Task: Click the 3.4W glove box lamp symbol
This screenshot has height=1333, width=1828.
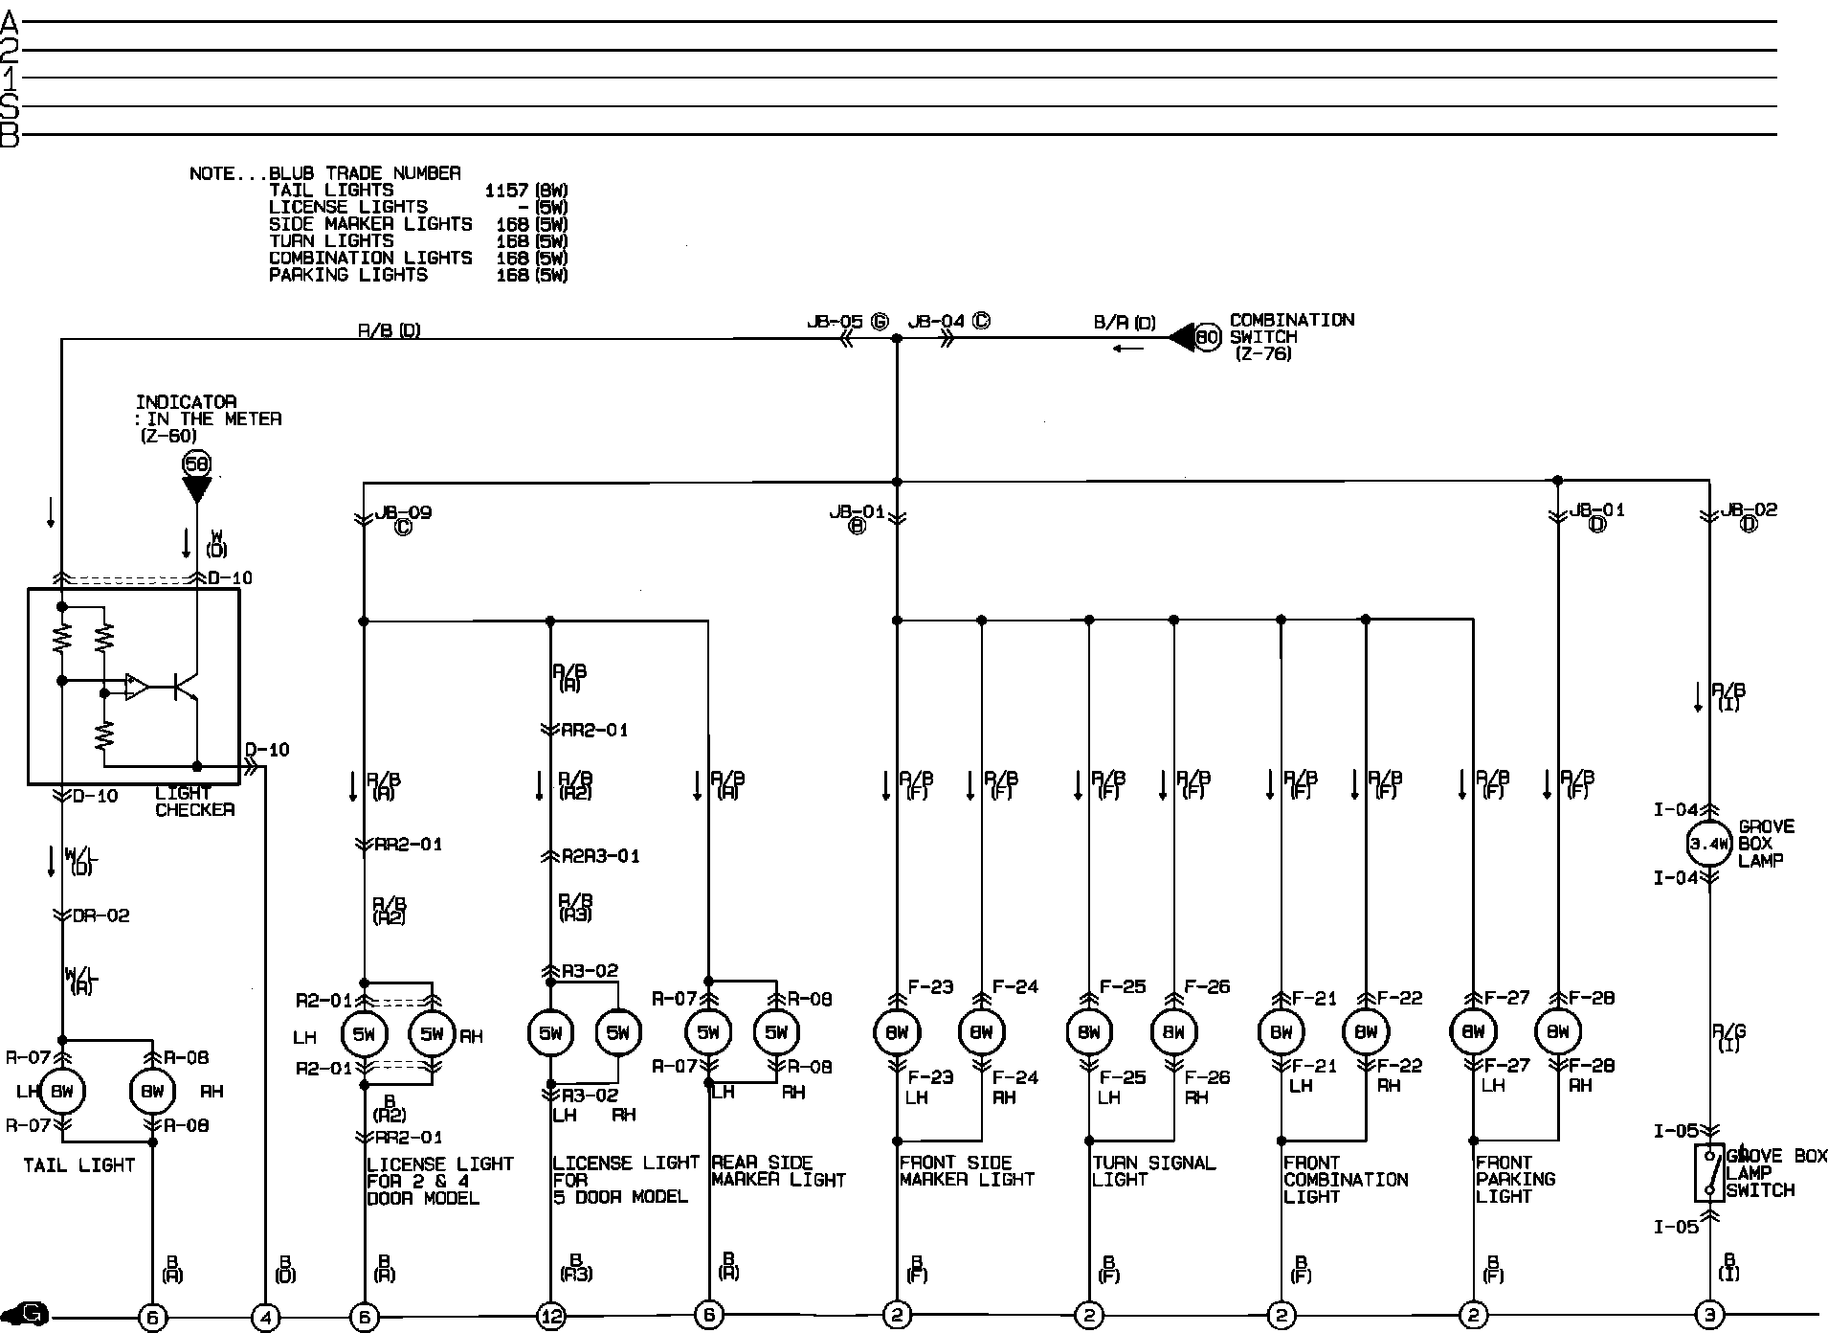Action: click(1708, 844)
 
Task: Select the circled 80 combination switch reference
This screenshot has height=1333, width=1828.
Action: click(1209, 337)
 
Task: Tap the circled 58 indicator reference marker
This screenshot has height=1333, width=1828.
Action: click(196, 464)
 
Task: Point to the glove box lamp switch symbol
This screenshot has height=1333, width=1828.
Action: click(1709, 1172)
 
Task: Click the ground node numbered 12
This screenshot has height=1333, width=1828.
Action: click(551, 1317)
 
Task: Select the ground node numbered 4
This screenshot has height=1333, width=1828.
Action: click(265, 1318)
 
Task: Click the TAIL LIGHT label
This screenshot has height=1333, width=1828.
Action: click(79, 1165)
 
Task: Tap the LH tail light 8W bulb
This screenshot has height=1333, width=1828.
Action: click(62, 1091)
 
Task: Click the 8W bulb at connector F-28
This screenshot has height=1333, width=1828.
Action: click(1558, 1031)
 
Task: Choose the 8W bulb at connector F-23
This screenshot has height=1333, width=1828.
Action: click(897, 1031)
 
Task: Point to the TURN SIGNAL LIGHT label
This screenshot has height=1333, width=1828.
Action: click(1153, 1171)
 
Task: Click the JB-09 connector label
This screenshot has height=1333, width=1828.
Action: click(403, 513)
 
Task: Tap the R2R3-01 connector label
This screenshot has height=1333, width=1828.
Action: click(600, 855)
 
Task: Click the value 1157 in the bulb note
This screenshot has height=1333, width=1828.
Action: click(506, 190)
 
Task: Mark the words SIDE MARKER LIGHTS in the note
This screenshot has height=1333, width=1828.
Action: click(370, 224)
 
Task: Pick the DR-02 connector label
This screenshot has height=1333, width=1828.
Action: click(101, 915)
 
